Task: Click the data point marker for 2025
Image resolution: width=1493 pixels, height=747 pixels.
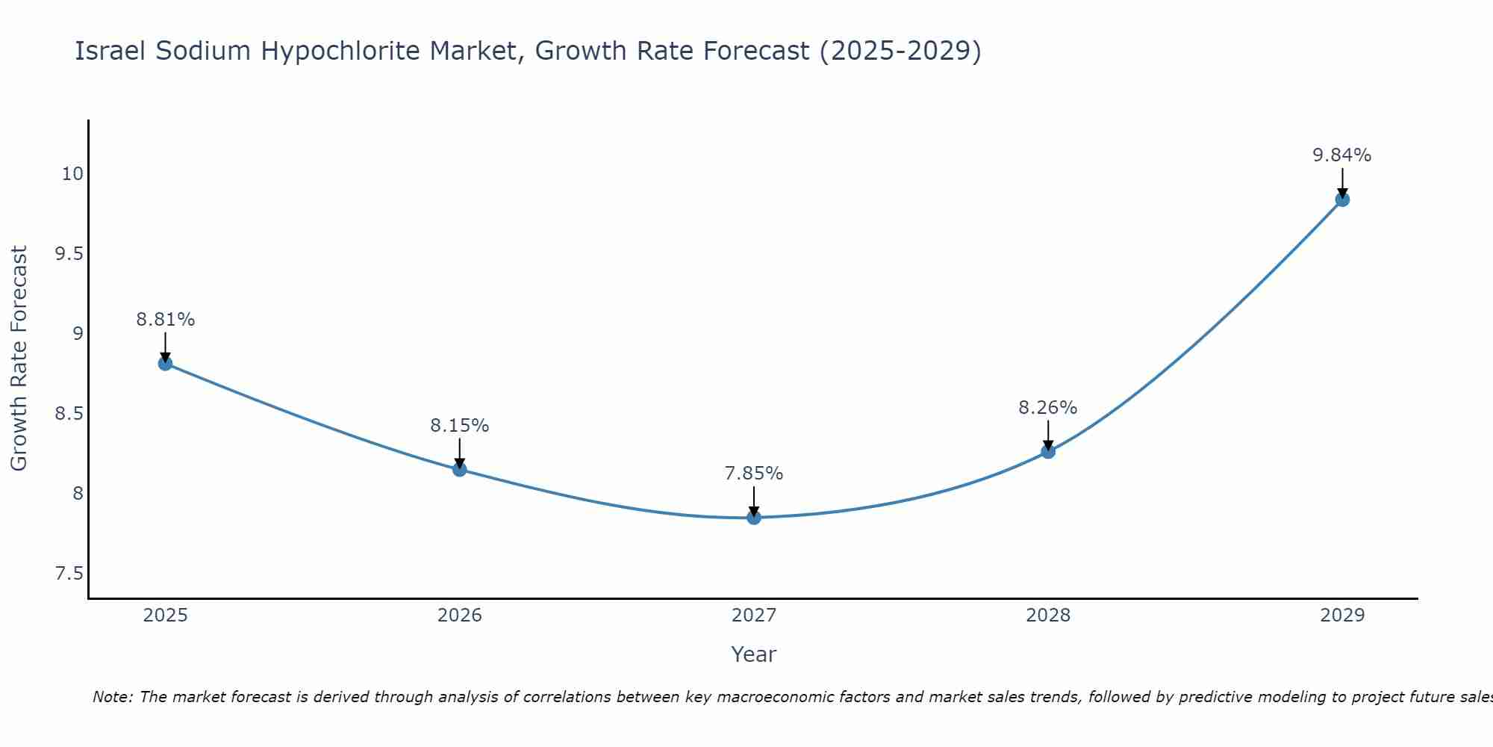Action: coord(165,364)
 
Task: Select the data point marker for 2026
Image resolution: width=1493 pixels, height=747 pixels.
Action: coord(460,469)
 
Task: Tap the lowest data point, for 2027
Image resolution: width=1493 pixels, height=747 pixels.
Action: coord(754,517)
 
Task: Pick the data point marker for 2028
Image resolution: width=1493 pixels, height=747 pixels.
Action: coord(1048,451)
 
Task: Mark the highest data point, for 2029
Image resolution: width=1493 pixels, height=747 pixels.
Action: coord(1342,199)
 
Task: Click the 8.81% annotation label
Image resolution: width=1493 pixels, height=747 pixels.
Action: coord(165,320)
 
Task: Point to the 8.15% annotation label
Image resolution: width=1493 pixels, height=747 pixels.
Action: coord(460,426)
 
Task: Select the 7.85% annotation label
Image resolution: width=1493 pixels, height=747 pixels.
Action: coord(754,474)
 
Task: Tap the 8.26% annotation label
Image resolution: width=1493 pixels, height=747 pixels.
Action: coord(1048,408)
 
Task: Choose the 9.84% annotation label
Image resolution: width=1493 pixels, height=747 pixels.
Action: coord(1342,155)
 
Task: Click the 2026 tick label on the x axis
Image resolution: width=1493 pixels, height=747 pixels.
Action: coord(460,616)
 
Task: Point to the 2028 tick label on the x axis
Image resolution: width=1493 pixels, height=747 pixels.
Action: coord(1048,616)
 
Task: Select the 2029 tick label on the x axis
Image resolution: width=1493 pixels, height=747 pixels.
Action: coord(1342,616)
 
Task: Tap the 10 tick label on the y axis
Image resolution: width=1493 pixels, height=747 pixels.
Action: coord(72,174)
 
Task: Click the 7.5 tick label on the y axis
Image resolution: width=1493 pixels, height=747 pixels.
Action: coord(69,574)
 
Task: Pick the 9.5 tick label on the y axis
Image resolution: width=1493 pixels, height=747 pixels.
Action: coord(69,254)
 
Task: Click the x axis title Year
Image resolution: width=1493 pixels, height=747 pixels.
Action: coord(754,654)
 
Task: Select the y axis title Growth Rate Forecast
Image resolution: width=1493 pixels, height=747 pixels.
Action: coord(19,359)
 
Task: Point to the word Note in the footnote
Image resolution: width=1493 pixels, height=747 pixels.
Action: coord(112,697)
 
